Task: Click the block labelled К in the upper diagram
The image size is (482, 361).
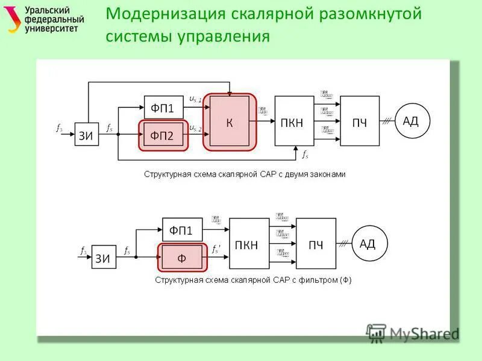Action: point(230,122)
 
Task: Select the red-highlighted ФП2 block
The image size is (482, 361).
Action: point(163,135)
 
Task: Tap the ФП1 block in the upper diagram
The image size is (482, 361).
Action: point(163,108)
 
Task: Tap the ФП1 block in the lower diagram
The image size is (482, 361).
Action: point(181,230)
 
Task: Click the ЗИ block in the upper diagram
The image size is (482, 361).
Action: point(87,135)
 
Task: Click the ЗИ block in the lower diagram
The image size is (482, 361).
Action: point(103,259)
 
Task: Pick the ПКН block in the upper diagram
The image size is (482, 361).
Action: point(294,122)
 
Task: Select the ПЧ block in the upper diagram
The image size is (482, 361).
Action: point(360,122)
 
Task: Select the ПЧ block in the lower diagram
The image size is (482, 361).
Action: point(316,244)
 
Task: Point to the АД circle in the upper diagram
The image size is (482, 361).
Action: point(410,122)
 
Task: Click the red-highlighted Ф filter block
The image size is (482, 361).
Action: point(181,258)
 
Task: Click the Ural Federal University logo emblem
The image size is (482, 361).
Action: point(13,20)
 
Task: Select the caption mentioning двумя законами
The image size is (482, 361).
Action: point(245,174)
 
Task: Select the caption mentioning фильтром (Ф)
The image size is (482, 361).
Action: point(253,279)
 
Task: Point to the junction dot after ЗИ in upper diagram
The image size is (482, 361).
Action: point(118,135)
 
